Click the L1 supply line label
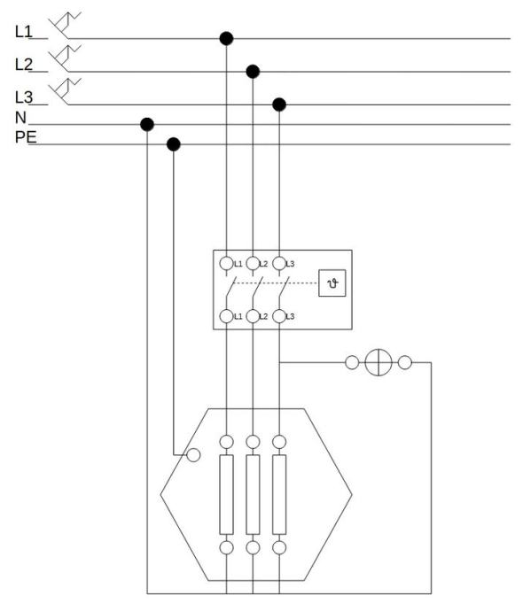[x=23, y=32]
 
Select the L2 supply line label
[x=23, y=65]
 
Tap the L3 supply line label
[x=23, y=97]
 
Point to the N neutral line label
[x=20, y=117]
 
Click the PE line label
[x=26, y=137]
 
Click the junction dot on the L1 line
[x=227, y=39]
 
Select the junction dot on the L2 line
[x=253, y=72]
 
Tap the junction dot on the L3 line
[x=279, y=104]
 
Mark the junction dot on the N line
[x=147, y=124]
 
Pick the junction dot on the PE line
[x=174, y=144]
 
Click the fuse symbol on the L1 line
[x=65, y=26]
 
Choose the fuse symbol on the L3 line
[x=65, y=91]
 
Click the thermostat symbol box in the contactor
[x=332, y=282]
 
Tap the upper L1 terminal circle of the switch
[x=227, y=263]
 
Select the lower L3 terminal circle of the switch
[x=279, y=316]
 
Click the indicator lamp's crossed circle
[x=379, y=362]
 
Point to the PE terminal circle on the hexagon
[x=193, y=455]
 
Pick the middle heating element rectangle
[x=253, y=494]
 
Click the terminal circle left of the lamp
[x=352, y=362]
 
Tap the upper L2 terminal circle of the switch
[x=253, y=263]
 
